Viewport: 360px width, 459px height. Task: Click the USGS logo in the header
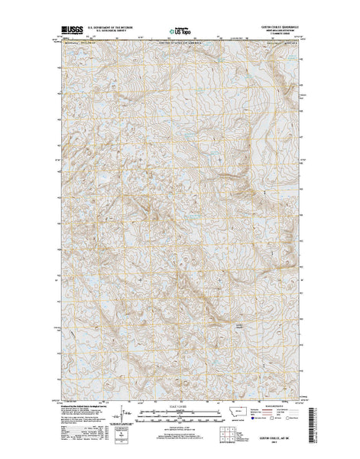(68, 31)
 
